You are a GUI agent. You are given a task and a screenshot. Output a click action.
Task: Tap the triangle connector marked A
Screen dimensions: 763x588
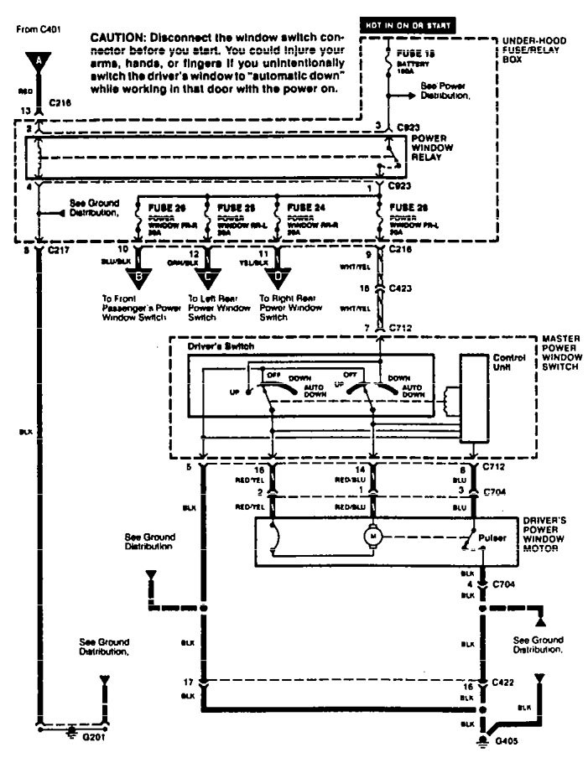pyautogui.click(x=37, y=60)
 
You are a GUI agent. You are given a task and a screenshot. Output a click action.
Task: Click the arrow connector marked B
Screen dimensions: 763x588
pyautogui.click(x=138, y=274)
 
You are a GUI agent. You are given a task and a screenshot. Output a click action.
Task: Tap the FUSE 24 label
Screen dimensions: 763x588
pyautogui.click(x=303, y=205)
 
